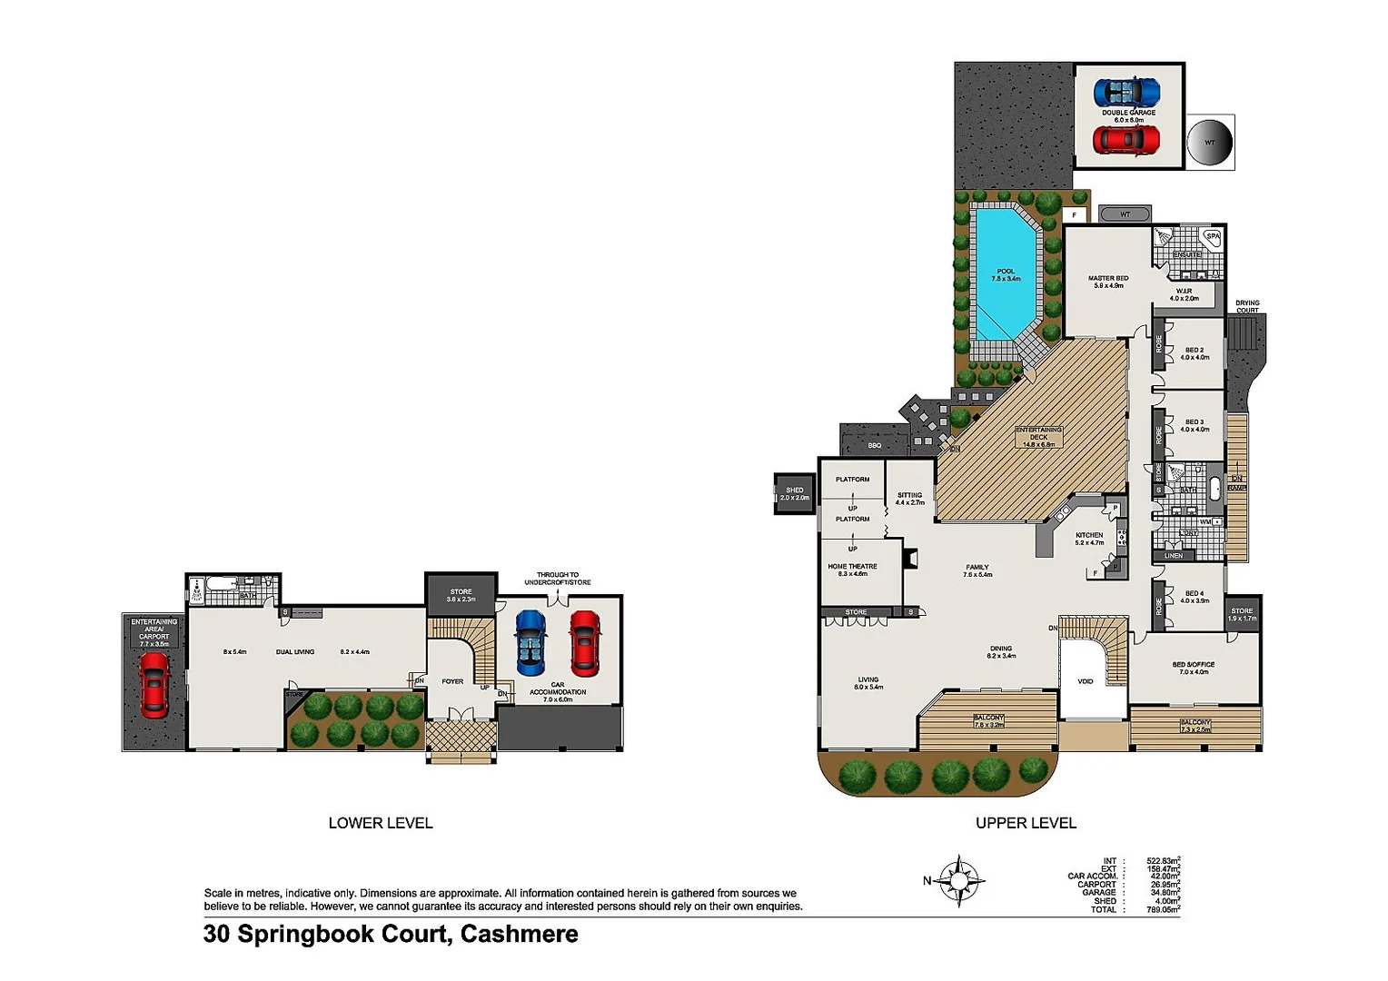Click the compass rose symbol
coord(958,880)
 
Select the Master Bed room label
coord(1108,282)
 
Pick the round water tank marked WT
coord(1210,143)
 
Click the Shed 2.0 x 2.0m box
coord(794,493)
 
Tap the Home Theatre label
coord(852,570)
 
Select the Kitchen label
coord(1089,539)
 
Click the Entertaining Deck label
coord(1038,437)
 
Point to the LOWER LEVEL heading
coord(381,823)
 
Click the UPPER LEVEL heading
coord(1026,823)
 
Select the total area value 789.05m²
coord(1163,909)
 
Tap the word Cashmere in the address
coord(519,934)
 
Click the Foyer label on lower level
coord(452,681)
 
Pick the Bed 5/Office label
coord(1194,668)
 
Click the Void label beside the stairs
coord(1086,681)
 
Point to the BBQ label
coord(874,445)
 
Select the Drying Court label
coord(1247,306)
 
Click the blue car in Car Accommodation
coord(531,642)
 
